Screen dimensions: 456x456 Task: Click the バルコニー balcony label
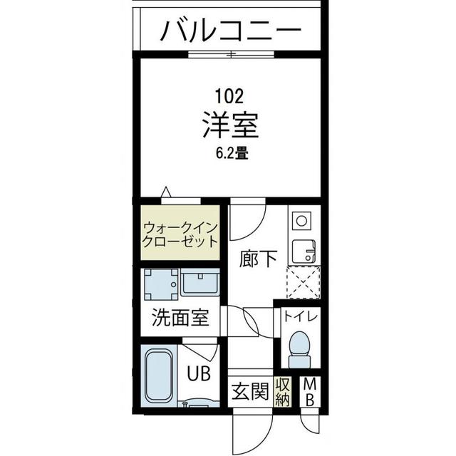tap(230, 31)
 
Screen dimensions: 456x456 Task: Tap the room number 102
tap(230, 94)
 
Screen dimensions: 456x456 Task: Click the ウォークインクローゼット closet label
tap(180, 234)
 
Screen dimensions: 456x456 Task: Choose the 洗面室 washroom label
tap(180, 318)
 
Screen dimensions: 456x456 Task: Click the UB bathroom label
tap(198, 373)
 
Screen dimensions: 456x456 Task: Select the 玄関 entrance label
tap(249, 391)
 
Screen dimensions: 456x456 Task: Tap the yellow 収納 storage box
tap(283, 391)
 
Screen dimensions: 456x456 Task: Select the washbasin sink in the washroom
tap(202, 284)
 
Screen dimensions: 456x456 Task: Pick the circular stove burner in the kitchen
tap(301, 221)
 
